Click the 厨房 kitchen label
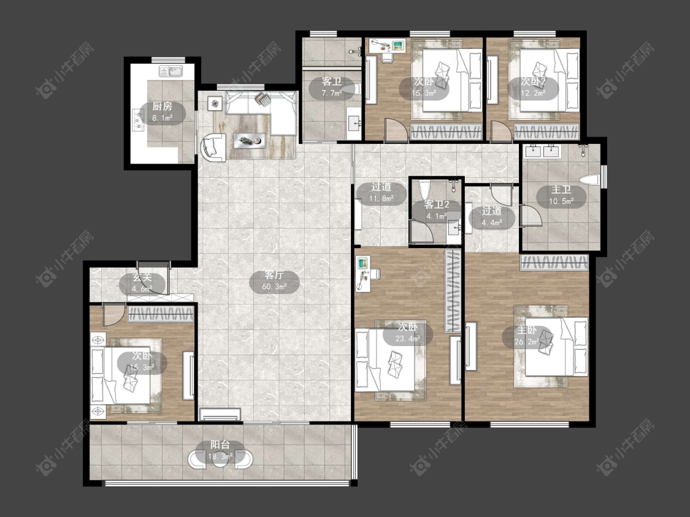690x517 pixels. pos(162,111)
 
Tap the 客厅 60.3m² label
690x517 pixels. pos(274,281)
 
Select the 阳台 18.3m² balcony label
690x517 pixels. pos(220,451)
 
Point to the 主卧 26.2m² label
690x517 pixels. pos(527,336)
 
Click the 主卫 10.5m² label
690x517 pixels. pos(561,195)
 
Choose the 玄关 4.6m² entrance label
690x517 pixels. pos(142,283)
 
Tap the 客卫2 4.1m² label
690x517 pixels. pos(436,210)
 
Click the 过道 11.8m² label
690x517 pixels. pos(381,192)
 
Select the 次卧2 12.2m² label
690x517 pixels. pos(534,87)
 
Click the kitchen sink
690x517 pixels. pos(171,71)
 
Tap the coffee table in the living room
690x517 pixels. pos(250,140)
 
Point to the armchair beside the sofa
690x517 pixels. pos(213,147)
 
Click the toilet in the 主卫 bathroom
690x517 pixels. pos(589,181)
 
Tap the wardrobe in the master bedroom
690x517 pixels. pos(554,262)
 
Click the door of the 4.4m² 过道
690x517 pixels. pos(501,195)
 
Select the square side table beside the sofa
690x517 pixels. pos(215,104)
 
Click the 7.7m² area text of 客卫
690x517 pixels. pos(332,93)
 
